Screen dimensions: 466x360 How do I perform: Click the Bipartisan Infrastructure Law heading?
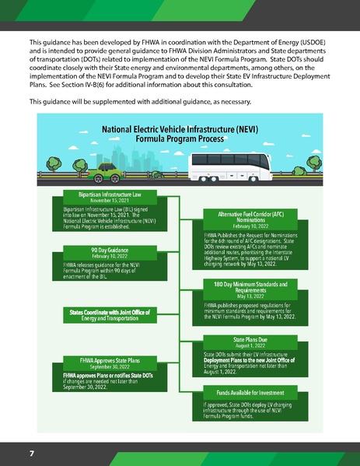point(107,193)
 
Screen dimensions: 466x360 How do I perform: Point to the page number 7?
point(32,453)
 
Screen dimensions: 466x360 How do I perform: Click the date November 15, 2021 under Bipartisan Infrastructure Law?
point(107,200)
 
